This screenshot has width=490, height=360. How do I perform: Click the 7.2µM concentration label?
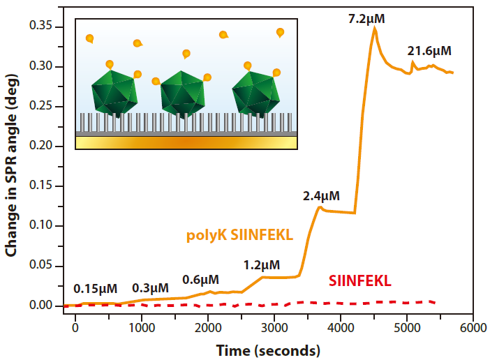tap(366, 17)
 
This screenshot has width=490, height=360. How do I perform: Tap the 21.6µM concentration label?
tap(429, 51)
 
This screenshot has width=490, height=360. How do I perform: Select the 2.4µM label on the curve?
tap(321, 196)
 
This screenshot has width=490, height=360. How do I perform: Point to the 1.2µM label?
tap(262, 264)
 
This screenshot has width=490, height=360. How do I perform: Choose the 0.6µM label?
tap(200, 280)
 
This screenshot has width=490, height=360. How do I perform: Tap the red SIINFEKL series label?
tap(359, 281)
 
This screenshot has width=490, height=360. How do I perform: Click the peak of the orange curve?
tap(375, 28)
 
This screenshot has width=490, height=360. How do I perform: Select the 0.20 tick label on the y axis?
tap(44, 146)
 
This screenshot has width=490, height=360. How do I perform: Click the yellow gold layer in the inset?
tap(186, 142)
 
